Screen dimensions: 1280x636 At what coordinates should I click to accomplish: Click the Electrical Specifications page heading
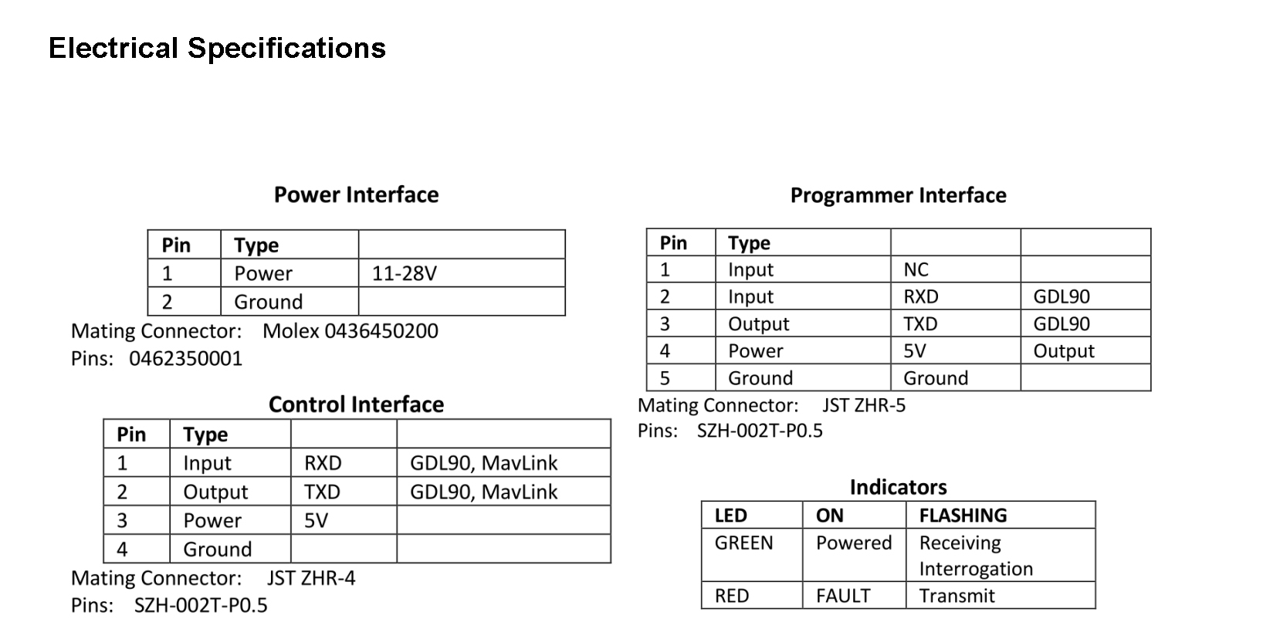click(217, 49)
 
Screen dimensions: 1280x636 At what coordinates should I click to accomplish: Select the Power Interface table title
click(356, 195)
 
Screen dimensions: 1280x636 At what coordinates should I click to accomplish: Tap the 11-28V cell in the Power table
click(404, 273)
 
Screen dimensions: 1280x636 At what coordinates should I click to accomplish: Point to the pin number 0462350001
click(186, 358)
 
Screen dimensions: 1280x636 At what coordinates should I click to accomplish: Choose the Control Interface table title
click(356, 404)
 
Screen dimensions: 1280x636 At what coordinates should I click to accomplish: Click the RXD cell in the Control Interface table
click(323, 463)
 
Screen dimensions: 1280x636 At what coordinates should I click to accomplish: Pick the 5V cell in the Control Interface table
click(316, 520)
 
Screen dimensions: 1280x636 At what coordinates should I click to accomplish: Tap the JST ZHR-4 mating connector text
click(311, 578)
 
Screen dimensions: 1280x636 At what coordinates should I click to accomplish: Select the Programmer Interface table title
click(899, 195)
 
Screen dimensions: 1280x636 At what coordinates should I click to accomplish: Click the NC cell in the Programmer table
click(916, 269)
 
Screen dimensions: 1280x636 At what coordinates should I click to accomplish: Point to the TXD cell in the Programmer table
click(920, 324)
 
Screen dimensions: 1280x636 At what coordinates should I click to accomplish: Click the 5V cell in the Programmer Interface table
click(914, 351)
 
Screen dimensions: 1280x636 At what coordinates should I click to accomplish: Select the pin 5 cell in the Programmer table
click(665, 378)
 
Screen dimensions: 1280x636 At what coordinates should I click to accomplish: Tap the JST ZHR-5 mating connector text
click(864, 405)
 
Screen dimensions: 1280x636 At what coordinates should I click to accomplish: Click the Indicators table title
click(899, 488)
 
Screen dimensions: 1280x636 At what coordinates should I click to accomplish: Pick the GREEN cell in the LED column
click(743, 543)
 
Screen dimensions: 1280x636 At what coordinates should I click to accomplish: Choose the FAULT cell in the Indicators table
click(843, 596)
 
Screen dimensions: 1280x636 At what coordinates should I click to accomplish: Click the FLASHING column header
click(963, 516)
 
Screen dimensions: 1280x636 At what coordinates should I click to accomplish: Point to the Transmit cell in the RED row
click(957, 596)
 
